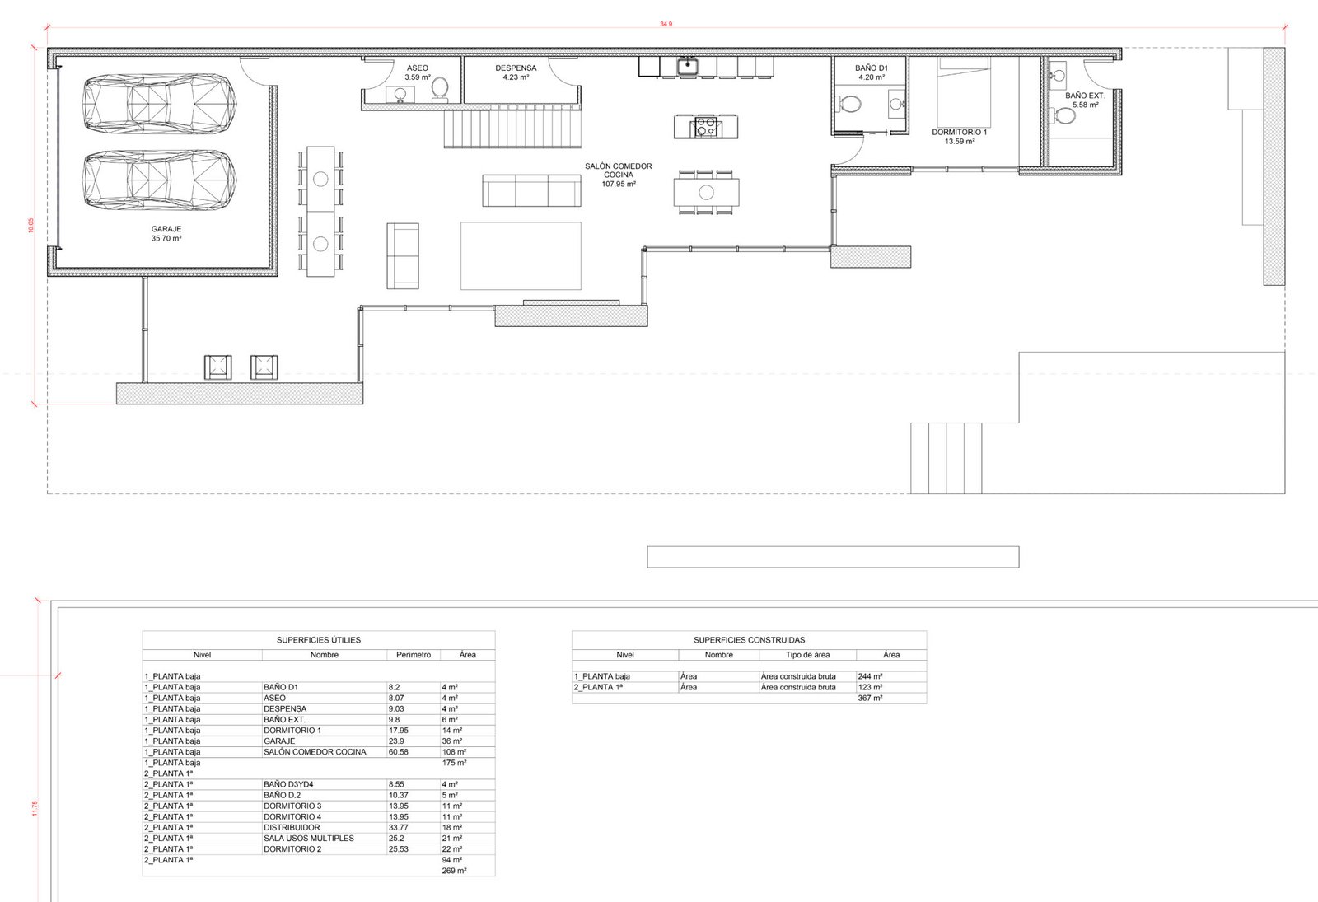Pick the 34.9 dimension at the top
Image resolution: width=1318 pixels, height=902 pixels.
click(x=666, y=24)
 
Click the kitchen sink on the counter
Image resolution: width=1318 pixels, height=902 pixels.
click(x=687, y=66)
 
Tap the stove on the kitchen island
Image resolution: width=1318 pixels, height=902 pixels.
click(x=705, y=127)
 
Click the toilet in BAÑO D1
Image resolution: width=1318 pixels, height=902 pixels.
click(x=848, y=105)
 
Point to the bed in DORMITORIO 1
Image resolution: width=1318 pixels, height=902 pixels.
click(x=964, y=92)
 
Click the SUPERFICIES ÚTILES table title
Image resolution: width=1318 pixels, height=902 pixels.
click(x=318, y=639)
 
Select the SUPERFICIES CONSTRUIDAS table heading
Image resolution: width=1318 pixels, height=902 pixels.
click(x=749, y=639)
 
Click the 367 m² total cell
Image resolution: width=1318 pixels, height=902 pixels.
click(x=870, y=698)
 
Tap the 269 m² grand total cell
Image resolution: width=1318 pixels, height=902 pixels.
click(x=454, y=871)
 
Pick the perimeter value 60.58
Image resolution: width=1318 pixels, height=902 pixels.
click(x=399, y=752)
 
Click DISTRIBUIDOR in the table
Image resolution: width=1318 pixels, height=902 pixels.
click(x=292, y=827)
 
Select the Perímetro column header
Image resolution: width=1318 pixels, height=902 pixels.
click(x=414, y=655)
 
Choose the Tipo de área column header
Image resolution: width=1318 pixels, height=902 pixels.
click(x=807, y=655)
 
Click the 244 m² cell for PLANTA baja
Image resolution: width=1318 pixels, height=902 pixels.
click(x=870, y=676)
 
